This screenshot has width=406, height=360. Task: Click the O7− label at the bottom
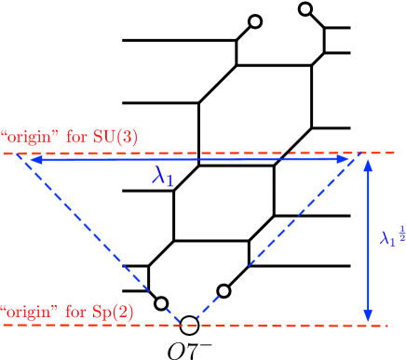pos(190,349)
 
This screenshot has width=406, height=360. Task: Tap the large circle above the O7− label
pos(189,325)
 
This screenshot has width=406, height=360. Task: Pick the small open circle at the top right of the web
pos(304,10)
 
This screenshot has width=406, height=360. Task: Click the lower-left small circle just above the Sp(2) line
pos(161,303)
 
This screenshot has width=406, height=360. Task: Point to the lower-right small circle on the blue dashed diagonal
pos(223,290)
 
